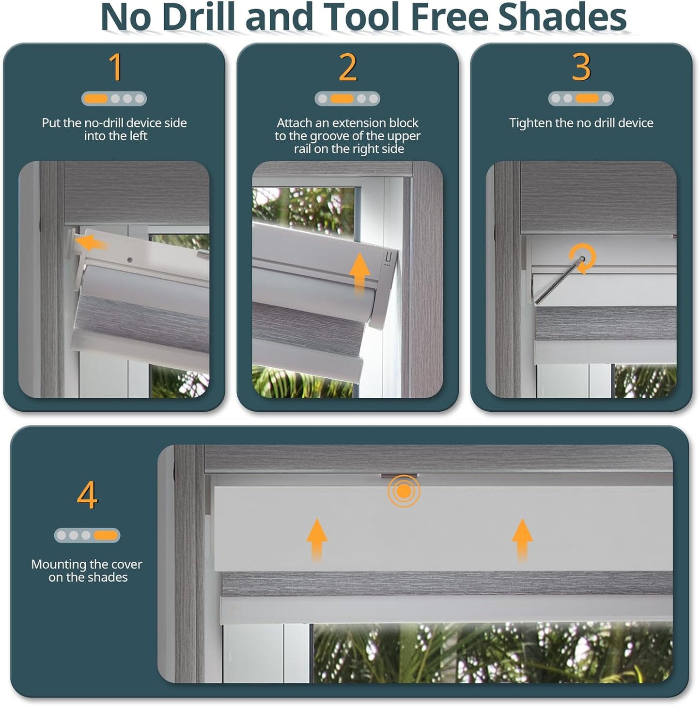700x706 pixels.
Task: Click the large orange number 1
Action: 115,67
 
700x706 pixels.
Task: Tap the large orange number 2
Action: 347,67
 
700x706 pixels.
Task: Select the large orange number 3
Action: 581,67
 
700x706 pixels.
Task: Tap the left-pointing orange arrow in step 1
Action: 93,242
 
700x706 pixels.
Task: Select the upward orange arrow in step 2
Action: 359,273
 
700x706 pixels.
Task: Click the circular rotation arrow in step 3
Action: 582,257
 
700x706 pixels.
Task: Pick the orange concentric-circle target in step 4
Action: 404,491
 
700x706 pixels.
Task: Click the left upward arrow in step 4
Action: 317,539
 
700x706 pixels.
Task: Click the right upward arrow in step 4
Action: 522,539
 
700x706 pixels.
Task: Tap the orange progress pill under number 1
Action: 95,99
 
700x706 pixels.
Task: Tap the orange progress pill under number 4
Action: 106,535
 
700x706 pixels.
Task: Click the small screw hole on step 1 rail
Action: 130,260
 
